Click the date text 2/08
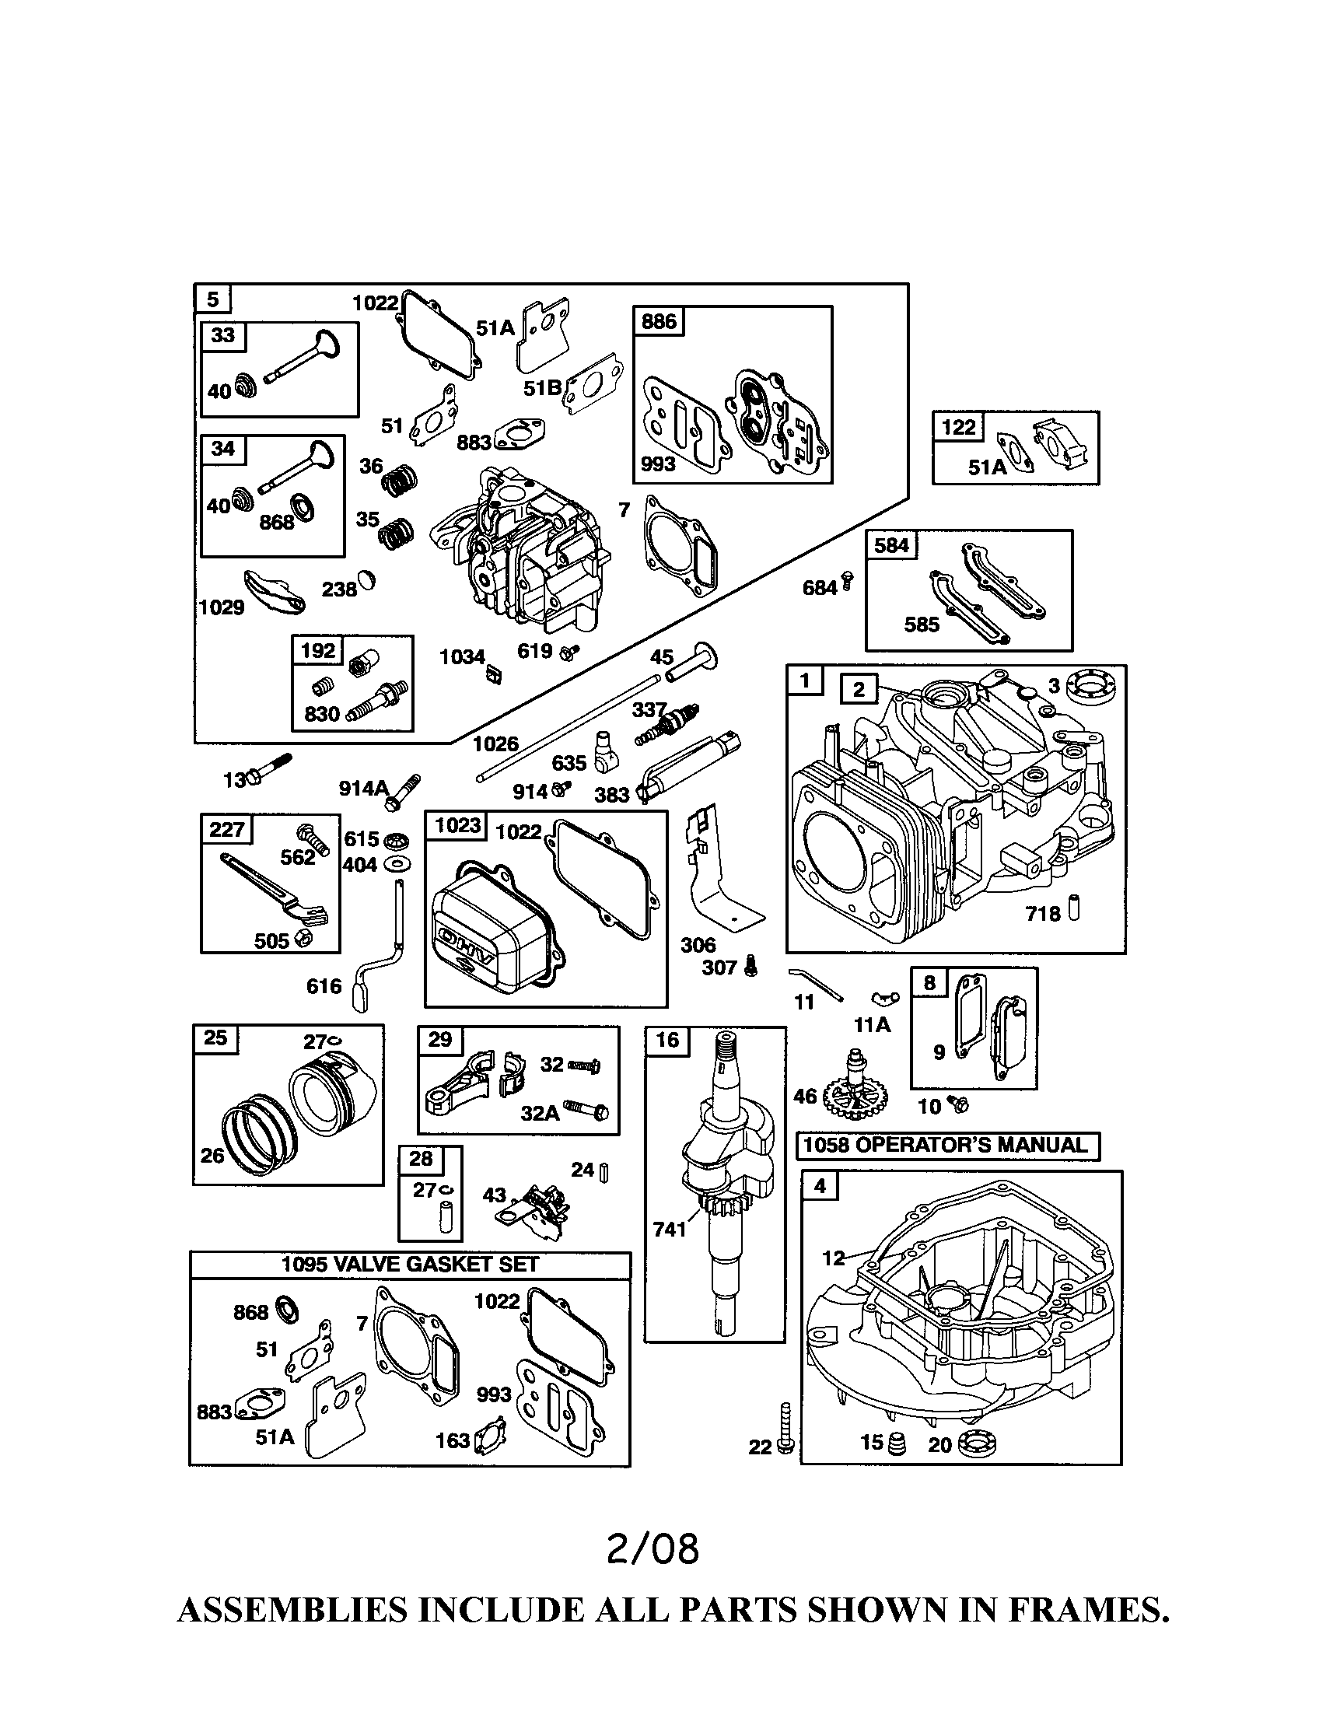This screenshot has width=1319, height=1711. point(652,1549)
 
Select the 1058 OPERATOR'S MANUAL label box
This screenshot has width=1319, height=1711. point(948,1146)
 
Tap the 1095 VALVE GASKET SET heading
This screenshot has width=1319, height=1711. point(410,1264)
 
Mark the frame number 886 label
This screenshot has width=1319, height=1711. point(659,322)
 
